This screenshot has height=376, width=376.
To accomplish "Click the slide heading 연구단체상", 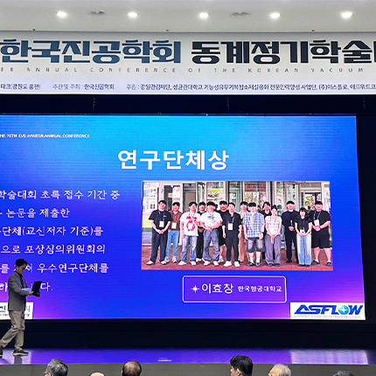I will point(172,160).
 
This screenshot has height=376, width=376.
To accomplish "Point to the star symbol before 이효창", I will point(195,288).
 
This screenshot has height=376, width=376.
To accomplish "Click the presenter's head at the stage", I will point(21,264).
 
